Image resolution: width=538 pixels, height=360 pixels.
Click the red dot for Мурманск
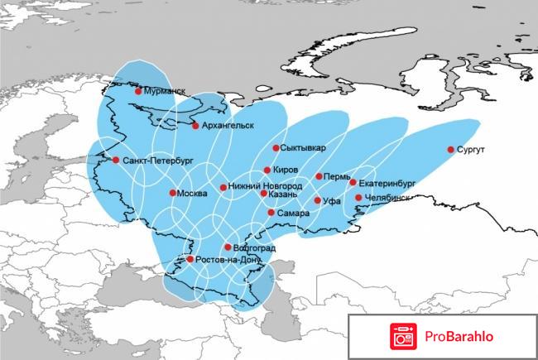[138, 91]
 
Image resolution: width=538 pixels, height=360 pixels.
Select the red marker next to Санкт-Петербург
[116, 160]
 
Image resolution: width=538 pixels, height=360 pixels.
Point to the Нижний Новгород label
[266, 187]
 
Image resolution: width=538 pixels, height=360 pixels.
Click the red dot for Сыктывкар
[276, 148]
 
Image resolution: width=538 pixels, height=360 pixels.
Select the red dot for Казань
[263, 193]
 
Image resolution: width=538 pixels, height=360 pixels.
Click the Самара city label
[294, 214]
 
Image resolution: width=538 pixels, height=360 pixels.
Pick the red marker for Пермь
[319, 176]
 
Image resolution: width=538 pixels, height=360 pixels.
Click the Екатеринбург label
[387, 182]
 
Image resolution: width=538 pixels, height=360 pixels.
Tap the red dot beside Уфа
[317, 200]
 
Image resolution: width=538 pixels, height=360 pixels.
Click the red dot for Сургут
[451, 150]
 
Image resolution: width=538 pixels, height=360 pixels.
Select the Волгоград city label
[255, 248]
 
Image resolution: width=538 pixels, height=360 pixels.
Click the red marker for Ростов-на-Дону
[190, 259]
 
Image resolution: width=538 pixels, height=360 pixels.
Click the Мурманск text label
[166, 91]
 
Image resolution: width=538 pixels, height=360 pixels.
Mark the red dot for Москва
[172, 193]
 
